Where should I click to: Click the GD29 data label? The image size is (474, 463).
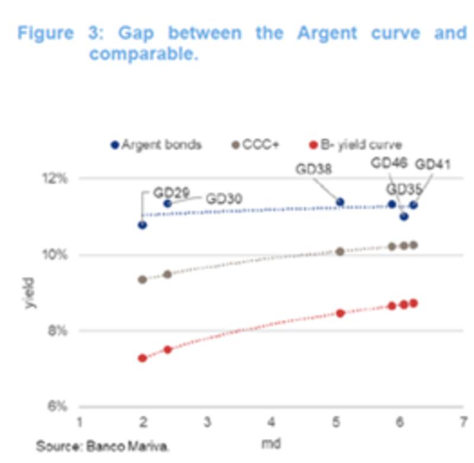click(171, 193)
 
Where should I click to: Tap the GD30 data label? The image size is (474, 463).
click(224, 199)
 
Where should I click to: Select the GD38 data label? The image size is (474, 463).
click(313, 169)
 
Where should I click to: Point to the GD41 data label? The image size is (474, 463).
click(432, 164)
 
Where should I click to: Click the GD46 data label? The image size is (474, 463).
click(389, 163)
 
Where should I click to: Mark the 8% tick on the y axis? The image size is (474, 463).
click(59, 330)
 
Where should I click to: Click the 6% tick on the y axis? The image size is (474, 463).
click(59, 407)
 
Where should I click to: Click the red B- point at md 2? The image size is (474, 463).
click(142, 358)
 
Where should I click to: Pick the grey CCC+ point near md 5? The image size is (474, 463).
click(340, 252)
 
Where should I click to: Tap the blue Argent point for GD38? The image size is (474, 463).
click(340, 202)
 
